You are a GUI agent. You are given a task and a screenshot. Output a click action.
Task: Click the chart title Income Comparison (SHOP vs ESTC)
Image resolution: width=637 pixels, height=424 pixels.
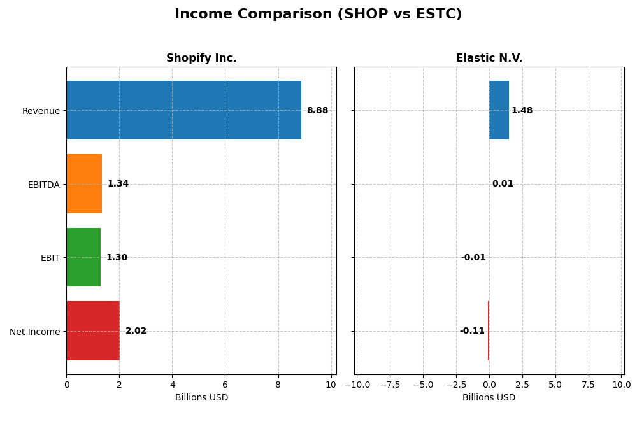click(318, 14)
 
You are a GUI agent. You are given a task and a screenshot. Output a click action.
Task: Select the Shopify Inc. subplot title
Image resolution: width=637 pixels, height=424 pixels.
click(201, 58)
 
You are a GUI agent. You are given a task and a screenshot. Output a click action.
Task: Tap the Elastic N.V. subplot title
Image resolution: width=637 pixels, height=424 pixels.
click(489, 58)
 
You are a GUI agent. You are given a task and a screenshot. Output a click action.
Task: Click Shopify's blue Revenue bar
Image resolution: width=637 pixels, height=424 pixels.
click(183, 110)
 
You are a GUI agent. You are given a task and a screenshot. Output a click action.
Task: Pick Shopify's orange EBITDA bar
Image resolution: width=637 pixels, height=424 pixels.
click(84, 184)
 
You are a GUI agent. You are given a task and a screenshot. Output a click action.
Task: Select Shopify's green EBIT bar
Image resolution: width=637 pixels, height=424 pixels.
click(83, 257)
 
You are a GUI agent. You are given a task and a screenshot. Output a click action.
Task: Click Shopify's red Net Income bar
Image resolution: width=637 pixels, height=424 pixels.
click(93, 331)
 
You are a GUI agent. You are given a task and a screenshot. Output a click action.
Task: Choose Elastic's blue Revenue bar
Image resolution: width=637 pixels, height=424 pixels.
click(499, 110)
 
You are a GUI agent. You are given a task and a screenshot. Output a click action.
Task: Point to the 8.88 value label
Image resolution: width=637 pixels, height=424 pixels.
click(317, 111)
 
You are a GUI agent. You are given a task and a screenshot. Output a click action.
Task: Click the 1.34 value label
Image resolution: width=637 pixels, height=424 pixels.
click(118, 184)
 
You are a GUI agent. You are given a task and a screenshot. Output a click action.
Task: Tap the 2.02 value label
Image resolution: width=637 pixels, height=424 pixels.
click(136, 331)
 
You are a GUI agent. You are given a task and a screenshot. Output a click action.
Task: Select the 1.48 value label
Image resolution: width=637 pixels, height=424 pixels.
click(522, 111)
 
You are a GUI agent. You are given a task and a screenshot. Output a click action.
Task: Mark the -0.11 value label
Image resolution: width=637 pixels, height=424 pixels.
click(472, 331)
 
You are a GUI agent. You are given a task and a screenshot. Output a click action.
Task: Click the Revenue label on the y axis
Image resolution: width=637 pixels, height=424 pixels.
click(41, 111)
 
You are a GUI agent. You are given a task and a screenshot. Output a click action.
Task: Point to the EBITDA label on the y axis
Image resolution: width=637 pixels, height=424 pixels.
click(43, 185)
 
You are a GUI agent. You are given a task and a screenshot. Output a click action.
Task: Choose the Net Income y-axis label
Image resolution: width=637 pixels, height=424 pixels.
click(34, 332)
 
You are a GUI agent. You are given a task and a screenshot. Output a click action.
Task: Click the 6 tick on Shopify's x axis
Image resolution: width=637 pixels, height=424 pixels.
click(225, 385)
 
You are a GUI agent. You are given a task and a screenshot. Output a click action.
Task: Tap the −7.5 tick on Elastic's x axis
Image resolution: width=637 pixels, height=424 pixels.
click(390, 385)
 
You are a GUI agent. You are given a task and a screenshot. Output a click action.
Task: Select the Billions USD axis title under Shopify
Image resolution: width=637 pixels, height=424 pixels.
click(201, 397)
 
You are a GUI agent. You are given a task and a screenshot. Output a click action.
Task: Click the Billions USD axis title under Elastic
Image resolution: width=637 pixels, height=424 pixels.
click(489, 397)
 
